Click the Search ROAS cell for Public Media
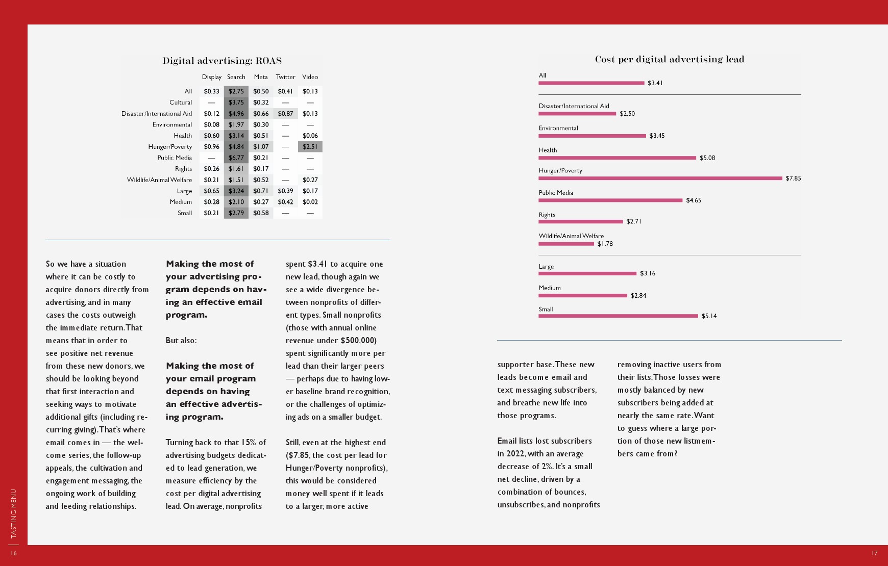coord(236,158)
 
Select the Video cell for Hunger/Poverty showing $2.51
coord(310,147)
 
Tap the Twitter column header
coord(285,77)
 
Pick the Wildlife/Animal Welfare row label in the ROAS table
coord(159,180)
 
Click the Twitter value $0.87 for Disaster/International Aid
coord(285,114)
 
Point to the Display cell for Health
coord(211,136)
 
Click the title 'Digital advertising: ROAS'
coord(222,61)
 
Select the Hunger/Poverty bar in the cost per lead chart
coord(660,178)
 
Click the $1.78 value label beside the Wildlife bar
coord(605,244)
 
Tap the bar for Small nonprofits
coord(618,316)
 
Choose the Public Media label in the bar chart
coord(556,193)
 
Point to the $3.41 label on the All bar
coord(655,83)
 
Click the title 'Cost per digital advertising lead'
coord(669,59)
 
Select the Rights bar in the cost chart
coord(580,222)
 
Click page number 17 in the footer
coord(874,553)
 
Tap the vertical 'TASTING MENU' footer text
coord(14,513)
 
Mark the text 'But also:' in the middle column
coord(181,341)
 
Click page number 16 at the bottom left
coord(13,553)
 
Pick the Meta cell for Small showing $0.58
coord(261,213)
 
